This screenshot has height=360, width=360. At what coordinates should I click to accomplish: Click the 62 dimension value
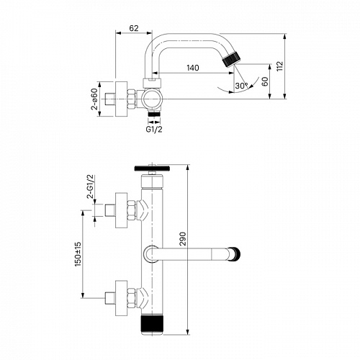click(134, 28)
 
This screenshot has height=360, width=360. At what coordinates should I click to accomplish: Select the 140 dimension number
click(193, 68)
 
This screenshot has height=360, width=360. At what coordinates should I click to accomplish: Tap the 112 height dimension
click(280, 66)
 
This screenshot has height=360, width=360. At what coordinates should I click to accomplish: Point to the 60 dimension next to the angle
click(264, 81)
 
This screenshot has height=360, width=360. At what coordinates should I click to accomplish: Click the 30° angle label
click(241, 86)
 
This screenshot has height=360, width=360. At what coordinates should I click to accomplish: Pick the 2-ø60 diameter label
click(94, 99)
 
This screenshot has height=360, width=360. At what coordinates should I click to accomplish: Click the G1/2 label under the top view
click(154, 130)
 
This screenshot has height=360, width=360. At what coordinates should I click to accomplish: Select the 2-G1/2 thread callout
click(91, 186)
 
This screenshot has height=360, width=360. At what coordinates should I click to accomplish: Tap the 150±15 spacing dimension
click(78, 254)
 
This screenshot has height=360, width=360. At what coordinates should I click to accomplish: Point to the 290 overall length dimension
click(183, 239)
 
